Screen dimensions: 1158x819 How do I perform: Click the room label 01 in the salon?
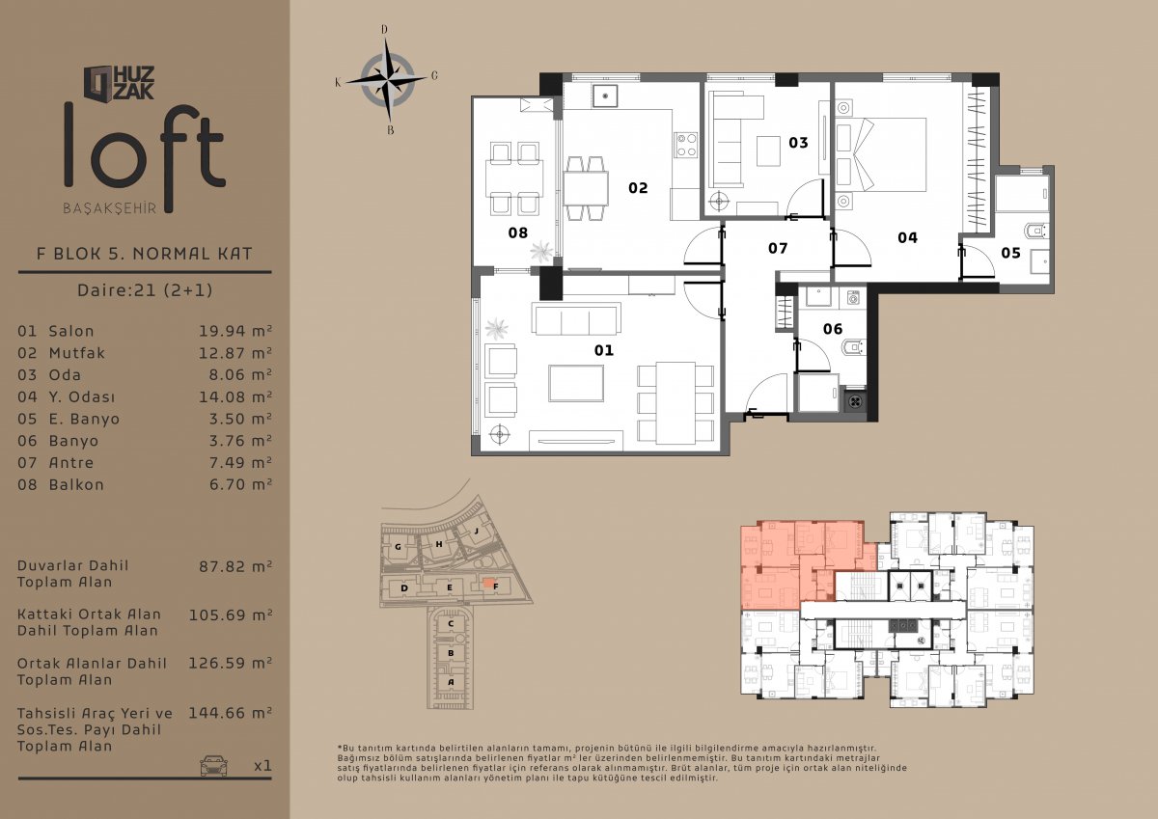tap(603, 350)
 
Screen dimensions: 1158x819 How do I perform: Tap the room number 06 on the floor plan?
tap(832, 329)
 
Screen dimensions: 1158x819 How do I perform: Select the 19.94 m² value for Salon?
tap(235, 331)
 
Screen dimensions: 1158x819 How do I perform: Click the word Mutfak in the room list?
tap(76, 353)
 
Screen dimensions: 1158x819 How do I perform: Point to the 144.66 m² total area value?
tap(230, 713)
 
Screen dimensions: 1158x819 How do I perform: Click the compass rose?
tap(387, 80)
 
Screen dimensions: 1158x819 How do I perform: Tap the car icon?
tap(213, 766)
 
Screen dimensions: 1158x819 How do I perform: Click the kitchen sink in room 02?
tap(605, 96)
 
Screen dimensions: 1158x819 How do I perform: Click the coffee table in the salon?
tap(576, 383)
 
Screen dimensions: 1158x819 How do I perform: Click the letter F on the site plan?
tap(496, 587)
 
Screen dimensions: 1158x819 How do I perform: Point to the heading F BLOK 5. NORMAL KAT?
tap(144, 253)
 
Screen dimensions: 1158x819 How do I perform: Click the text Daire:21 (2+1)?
tap(145, 289)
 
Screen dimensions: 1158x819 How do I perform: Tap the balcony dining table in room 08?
tap(513, 178)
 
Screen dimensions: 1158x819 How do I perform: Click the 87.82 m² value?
tap(235, 566)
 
